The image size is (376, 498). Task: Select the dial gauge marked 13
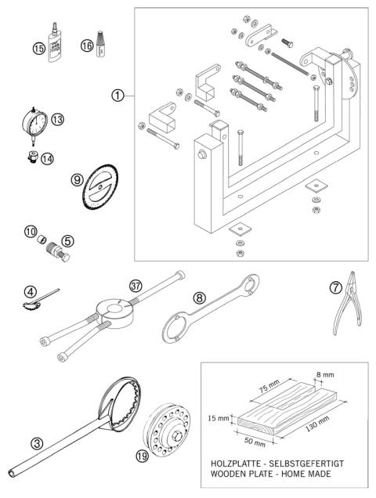34,124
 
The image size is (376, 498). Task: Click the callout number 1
117,96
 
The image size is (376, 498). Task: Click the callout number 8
201,297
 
